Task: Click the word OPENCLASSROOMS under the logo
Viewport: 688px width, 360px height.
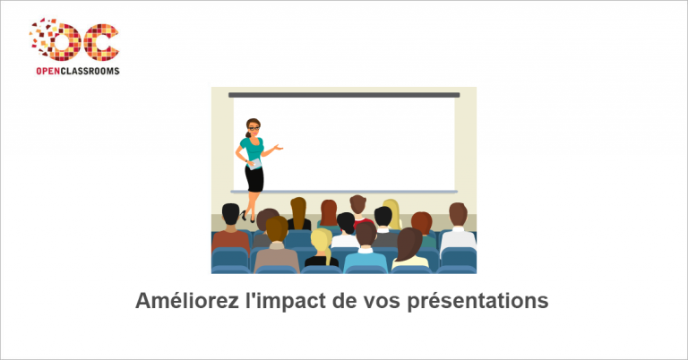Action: click(78, 71)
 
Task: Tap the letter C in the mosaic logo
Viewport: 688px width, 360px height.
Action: click(101, 42)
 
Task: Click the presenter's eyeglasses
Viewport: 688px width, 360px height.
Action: click(254, 128)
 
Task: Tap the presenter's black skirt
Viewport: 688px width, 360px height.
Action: click(254, 178)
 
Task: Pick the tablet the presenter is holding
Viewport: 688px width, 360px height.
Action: click(254, 164)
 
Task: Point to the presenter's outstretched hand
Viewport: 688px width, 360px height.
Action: click(279, 148)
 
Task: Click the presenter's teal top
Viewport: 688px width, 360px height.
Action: click(253, 149)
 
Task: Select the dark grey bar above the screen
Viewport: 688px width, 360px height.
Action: click(344, 95)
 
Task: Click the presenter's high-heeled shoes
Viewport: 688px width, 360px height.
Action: click(247, 216)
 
